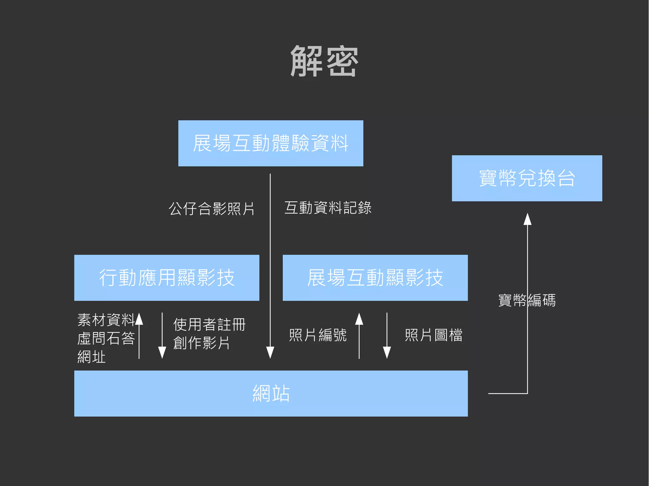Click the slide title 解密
click(324, 61)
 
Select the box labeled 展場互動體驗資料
click(271, 143)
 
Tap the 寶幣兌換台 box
click(527, 178)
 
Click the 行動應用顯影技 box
click(167, 278)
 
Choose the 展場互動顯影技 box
click(375, 278)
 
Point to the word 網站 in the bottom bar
click(271, 394)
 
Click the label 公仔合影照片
click(212, 209)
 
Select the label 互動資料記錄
click(328, 208)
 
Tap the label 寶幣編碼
click(527, 300)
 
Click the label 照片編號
click(318, 335)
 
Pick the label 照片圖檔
click(434, 335)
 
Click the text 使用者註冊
click(209, 325)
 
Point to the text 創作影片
click(202, 343)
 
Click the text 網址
click(92, 357)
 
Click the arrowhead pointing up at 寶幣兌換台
click(527, 219)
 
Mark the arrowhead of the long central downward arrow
click(270, 352)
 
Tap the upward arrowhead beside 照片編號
click(359, 319)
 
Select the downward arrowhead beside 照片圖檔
click(387, 352)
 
